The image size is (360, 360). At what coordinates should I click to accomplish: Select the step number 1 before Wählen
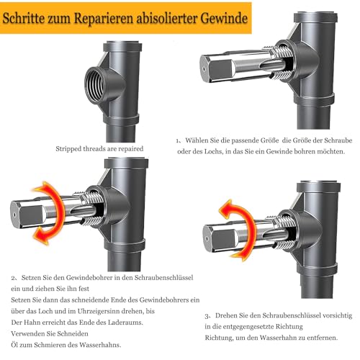[178, 141]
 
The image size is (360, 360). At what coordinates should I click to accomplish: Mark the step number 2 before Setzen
[13, 276]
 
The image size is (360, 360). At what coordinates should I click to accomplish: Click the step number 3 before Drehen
[207, 315]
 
